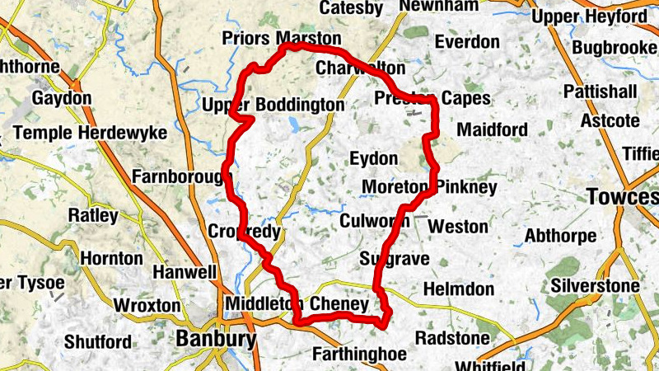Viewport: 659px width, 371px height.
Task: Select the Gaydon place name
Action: (62, 98)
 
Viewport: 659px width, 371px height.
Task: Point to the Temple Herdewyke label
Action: (90, 133)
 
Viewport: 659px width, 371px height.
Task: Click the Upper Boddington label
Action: (273, 105)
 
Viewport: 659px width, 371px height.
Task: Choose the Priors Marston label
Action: (281, 39)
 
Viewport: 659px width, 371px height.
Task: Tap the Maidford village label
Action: (492, 130)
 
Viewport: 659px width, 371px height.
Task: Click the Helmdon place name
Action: (458, 289)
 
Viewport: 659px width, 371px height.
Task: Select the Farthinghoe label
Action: (360, 355)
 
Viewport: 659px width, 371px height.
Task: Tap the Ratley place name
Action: (93, 215)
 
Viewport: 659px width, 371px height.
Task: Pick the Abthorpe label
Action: (560, 236)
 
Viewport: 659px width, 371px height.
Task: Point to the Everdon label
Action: (467, 41)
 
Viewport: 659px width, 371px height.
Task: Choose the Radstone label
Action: (446, 339)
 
